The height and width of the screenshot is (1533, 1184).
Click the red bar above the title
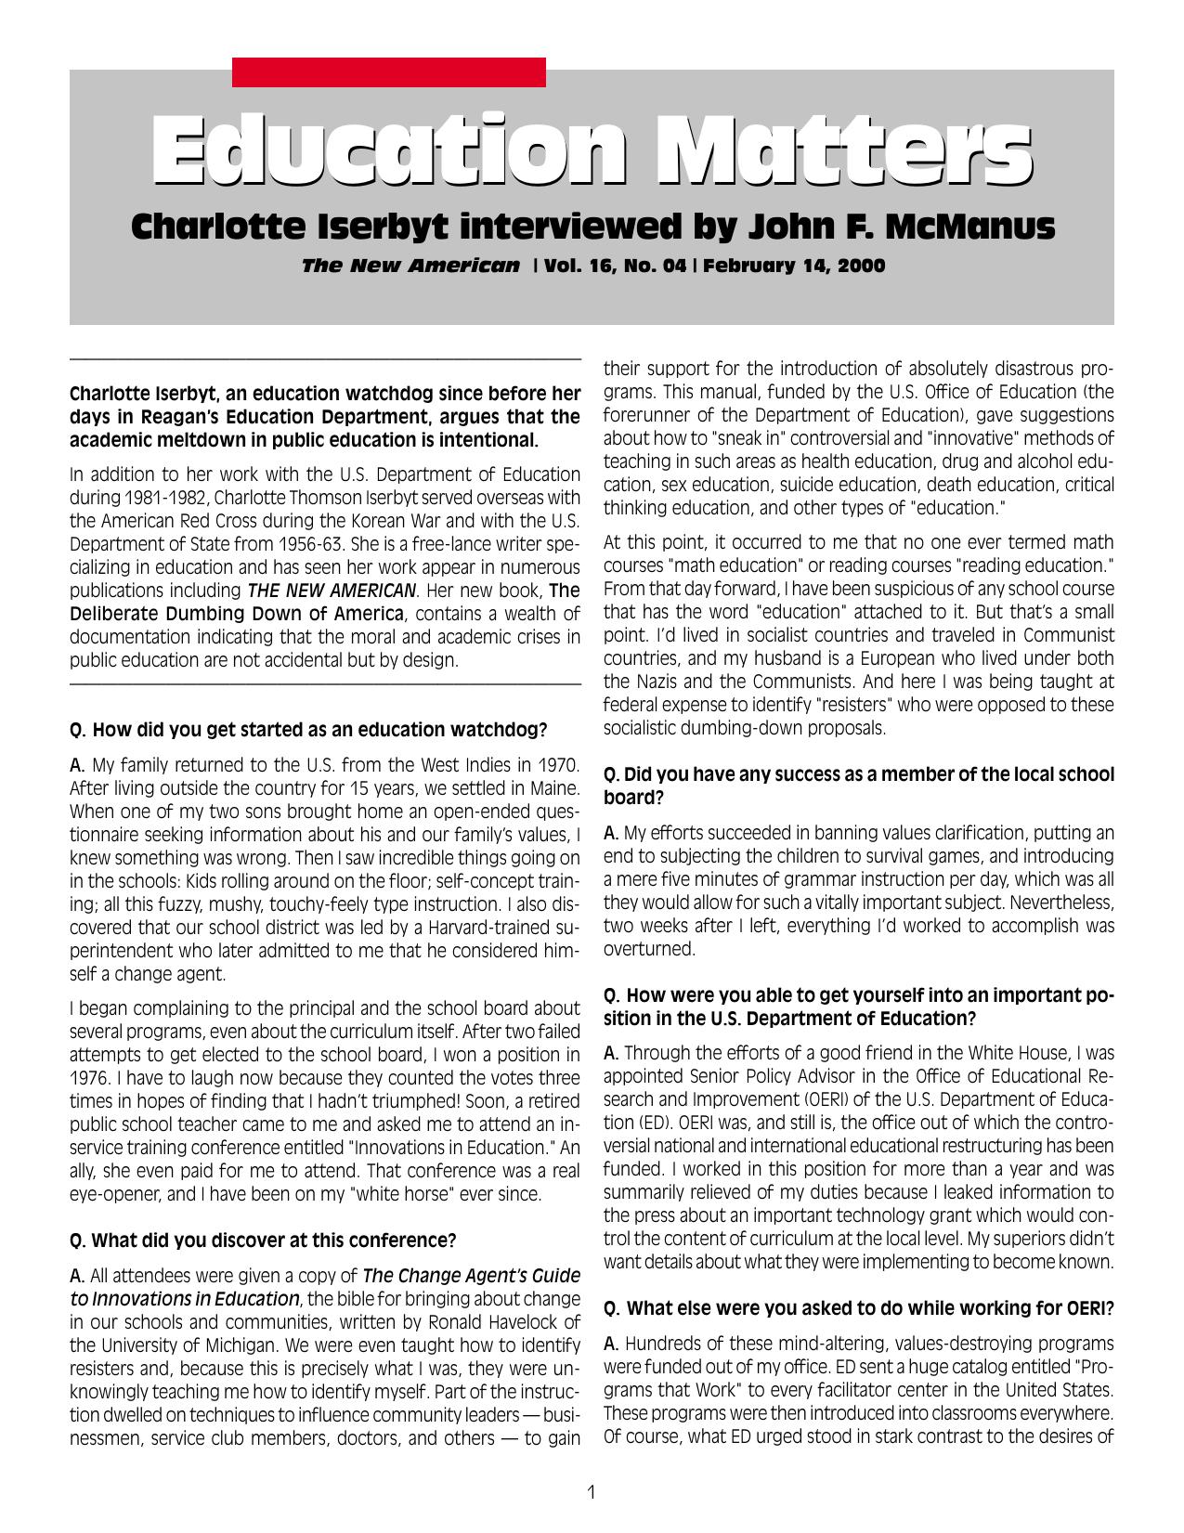coord(388,72)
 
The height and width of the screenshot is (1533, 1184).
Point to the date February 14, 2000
coord(794,266)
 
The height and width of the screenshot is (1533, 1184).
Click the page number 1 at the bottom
coord(592,1492)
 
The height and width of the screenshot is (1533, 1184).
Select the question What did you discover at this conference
coord(263,1241)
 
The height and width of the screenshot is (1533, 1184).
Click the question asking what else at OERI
coord(859,1308)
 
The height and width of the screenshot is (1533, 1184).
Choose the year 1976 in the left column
coord(89,1078)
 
